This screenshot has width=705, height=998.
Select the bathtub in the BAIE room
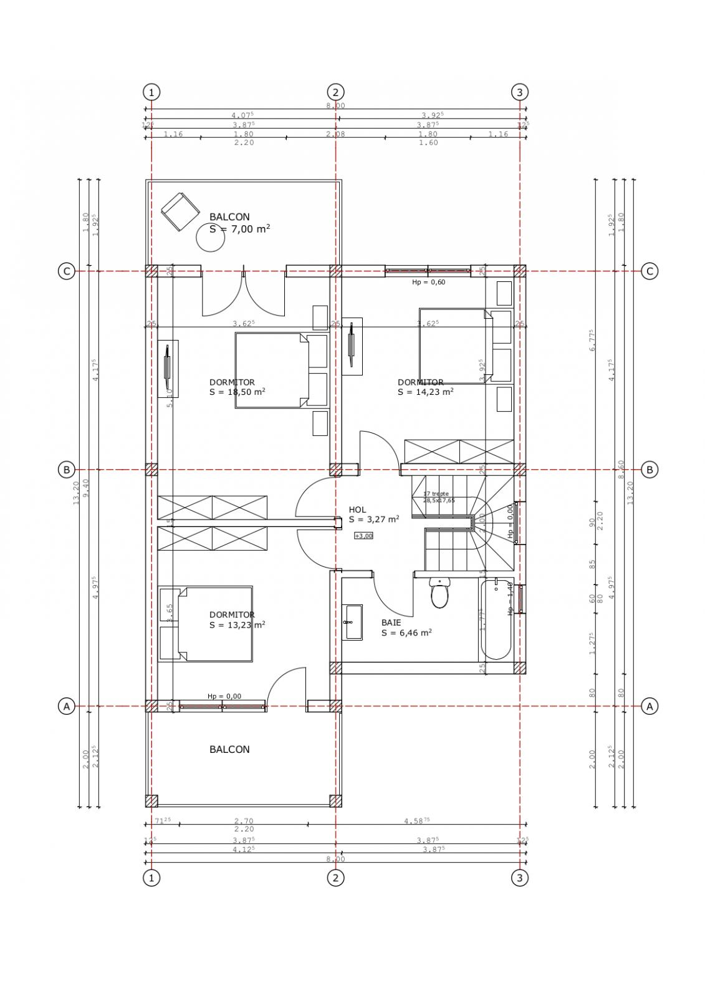click(x=496, y=619)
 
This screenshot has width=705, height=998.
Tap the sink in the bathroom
click(x=353, y=622)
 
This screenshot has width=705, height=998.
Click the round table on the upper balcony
click(x=210, y=238)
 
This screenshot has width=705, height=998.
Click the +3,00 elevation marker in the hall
click(x=363, y=536)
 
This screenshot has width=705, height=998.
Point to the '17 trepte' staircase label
click(x=436, y=493)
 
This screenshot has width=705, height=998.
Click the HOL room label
click(x=357, y=510)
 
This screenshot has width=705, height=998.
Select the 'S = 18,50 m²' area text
click(x=237, y=392)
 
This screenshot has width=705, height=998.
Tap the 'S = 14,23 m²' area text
click(x=425, y=392)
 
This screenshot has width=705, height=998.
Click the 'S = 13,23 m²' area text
click(x=237, y=624)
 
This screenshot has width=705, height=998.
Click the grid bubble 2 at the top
click(x=335, y=92)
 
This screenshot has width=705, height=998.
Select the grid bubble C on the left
click(x=66, y=271)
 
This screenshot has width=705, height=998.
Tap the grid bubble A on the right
click(x=650, y=706)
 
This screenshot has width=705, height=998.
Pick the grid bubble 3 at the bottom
click(x=520, y=878)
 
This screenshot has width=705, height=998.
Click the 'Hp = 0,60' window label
click(x=428, y=282)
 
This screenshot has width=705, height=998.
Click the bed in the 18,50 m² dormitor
click(x=272, y=371)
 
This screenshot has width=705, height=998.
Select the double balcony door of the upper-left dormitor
click(x=244, y=293)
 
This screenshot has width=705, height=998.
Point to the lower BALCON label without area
click(x=229, y=749)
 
